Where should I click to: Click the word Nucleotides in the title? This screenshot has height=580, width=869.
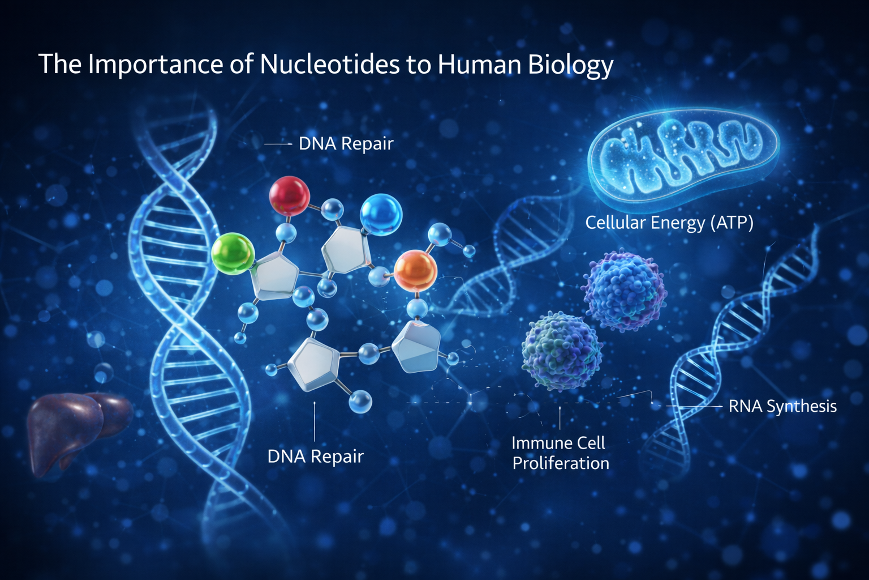[x=329, y=64]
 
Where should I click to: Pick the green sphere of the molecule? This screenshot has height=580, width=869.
[x=233, y=254]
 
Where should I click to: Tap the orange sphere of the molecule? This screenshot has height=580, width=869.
[x=415, y=271]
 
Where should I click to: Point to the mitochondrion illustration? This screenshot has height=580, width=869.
[x=683, y=154]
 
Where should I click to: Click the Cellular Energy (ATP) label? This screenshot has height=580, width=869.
[x=669, y=223]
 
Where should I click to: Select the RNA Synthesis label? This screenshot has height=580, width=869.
[x=782, y=406]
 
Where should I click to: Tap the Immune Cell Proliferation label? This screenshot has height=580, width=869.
[x=560, y=453]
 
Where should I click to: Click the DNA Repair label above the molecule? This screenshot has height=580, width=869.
[x=346, y=144]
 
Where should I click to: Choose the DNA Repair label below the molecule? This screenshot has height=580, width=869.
[x=315, y=457]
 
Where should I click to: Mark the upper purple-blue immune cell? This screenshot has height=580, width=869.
[x=624, y=291]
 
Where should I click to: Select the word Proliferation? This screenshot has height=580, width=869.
[x=561, y=463]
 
